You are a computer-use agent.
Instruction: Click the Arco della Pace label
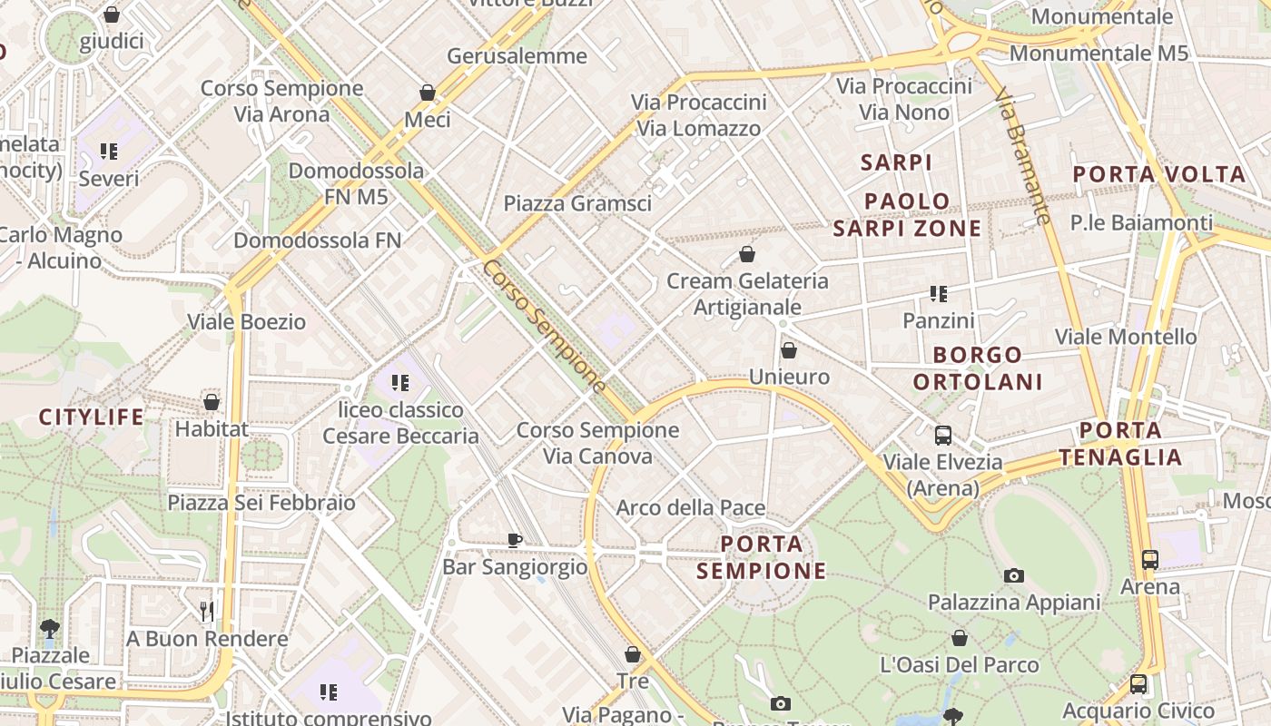[x=691, y=507]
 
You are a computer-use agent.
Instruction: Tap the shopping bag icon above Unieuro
[x=789, y=350]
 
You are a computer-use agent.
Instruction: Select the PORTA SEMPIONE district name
[x=762, y=557]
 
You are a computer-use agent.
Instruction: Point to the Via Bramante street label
[x=1023, y=154]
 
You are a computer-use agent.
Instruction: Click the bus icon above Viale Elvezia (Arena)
[x=943, y=435]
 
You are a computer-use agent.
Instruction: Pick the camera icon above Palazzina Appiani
[x=1014, y=575]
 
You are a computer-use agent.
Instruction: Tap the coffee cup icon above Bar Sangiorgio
[x=515, y=540]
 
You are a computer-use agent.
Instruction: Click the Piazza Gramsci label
[x=577, y=203]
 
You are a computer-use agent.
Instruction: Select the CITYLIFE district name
[x=91, y=417]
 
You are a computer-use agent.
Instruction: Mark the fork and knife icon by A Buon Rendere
[x=207, y=612]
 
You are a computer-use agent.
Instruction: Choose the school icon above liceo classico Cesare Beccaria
[x=400, y=383]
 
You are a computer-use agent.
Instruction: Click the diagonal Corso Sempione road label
[x=544, y=327]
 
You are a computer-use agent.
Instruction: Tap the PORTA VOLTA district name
[x=1159, y=174]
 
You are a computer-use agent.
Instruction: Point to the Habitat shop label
[x=212, y=428]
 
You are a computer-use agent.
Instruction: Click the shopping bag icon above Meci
[x=428, y=93]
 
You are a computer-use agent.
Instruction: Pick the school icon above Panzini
[x=939, y=294]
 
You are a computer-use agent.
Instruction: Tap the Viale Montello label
[x=1126, y=337]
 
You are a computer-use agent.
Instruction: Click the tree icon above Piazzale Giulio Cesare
[x=50, y=628]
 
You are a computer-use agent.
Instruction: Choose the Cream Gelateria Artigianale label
[x=747, y=294]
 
